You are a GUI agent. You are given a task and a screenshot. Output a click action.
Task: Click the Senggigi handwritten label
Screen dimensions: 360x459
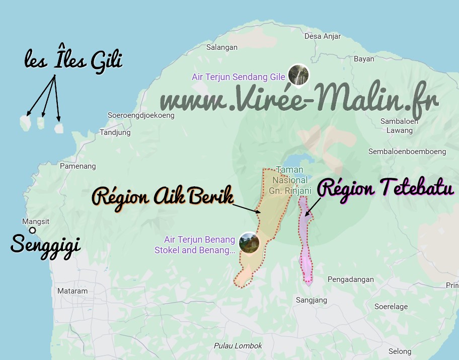tap(46, 245)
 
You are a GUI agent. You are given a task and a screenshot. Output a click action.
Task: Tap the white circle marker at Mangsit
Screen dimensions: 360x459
tap(33, 231)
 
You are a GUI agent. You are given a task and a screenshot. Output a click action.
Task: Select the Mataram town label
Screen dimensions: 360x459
tap(72, 291)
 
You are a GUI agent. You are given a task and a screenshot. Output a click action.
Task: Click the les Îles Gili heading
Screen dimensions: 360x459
tap(73, 60)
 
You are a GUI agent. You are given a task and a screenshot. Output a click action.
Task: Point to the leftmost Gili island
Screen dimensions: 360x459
tap(25, 121)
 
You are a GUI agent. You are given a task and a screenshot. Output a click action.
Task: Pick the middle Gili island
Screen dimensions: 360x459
tap(41, 122)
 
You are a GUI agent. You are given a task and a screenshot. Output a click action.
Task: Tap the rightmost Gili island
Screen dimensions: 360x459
tap(59, 128)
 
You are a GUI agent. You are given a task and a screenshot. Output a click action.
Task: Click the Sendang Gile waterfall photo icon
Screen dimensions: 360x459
tap(298, 76)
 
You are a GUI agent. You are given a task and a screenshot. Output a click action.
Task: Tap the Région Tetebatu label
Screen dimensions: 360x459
tap(387, 189)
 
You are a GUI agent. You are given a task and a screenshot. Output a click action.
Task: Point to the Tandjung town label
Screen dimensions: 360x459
tap(115, 133)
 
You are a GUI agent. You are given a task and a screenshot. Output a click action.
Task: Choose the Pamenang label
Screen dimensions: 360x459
tap(78, 166)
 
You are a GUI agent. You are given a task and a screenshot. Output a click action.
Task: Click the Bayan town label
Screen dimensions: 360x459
tap(364, 59)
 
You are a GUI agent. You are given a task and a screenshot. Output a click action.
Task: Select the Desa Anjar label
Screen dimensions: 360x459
tap(323, 36)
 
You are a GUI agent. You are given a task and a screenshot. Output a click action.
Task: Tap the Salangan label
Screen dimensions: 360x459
tap(222, 47)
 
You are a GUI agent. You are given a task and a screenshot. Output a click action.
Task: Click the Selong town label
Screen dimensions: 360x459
tap(400, 351)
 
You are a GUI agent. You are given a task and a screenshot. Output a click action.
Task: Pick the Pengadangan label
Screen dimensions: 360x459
tap(351, 279)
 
